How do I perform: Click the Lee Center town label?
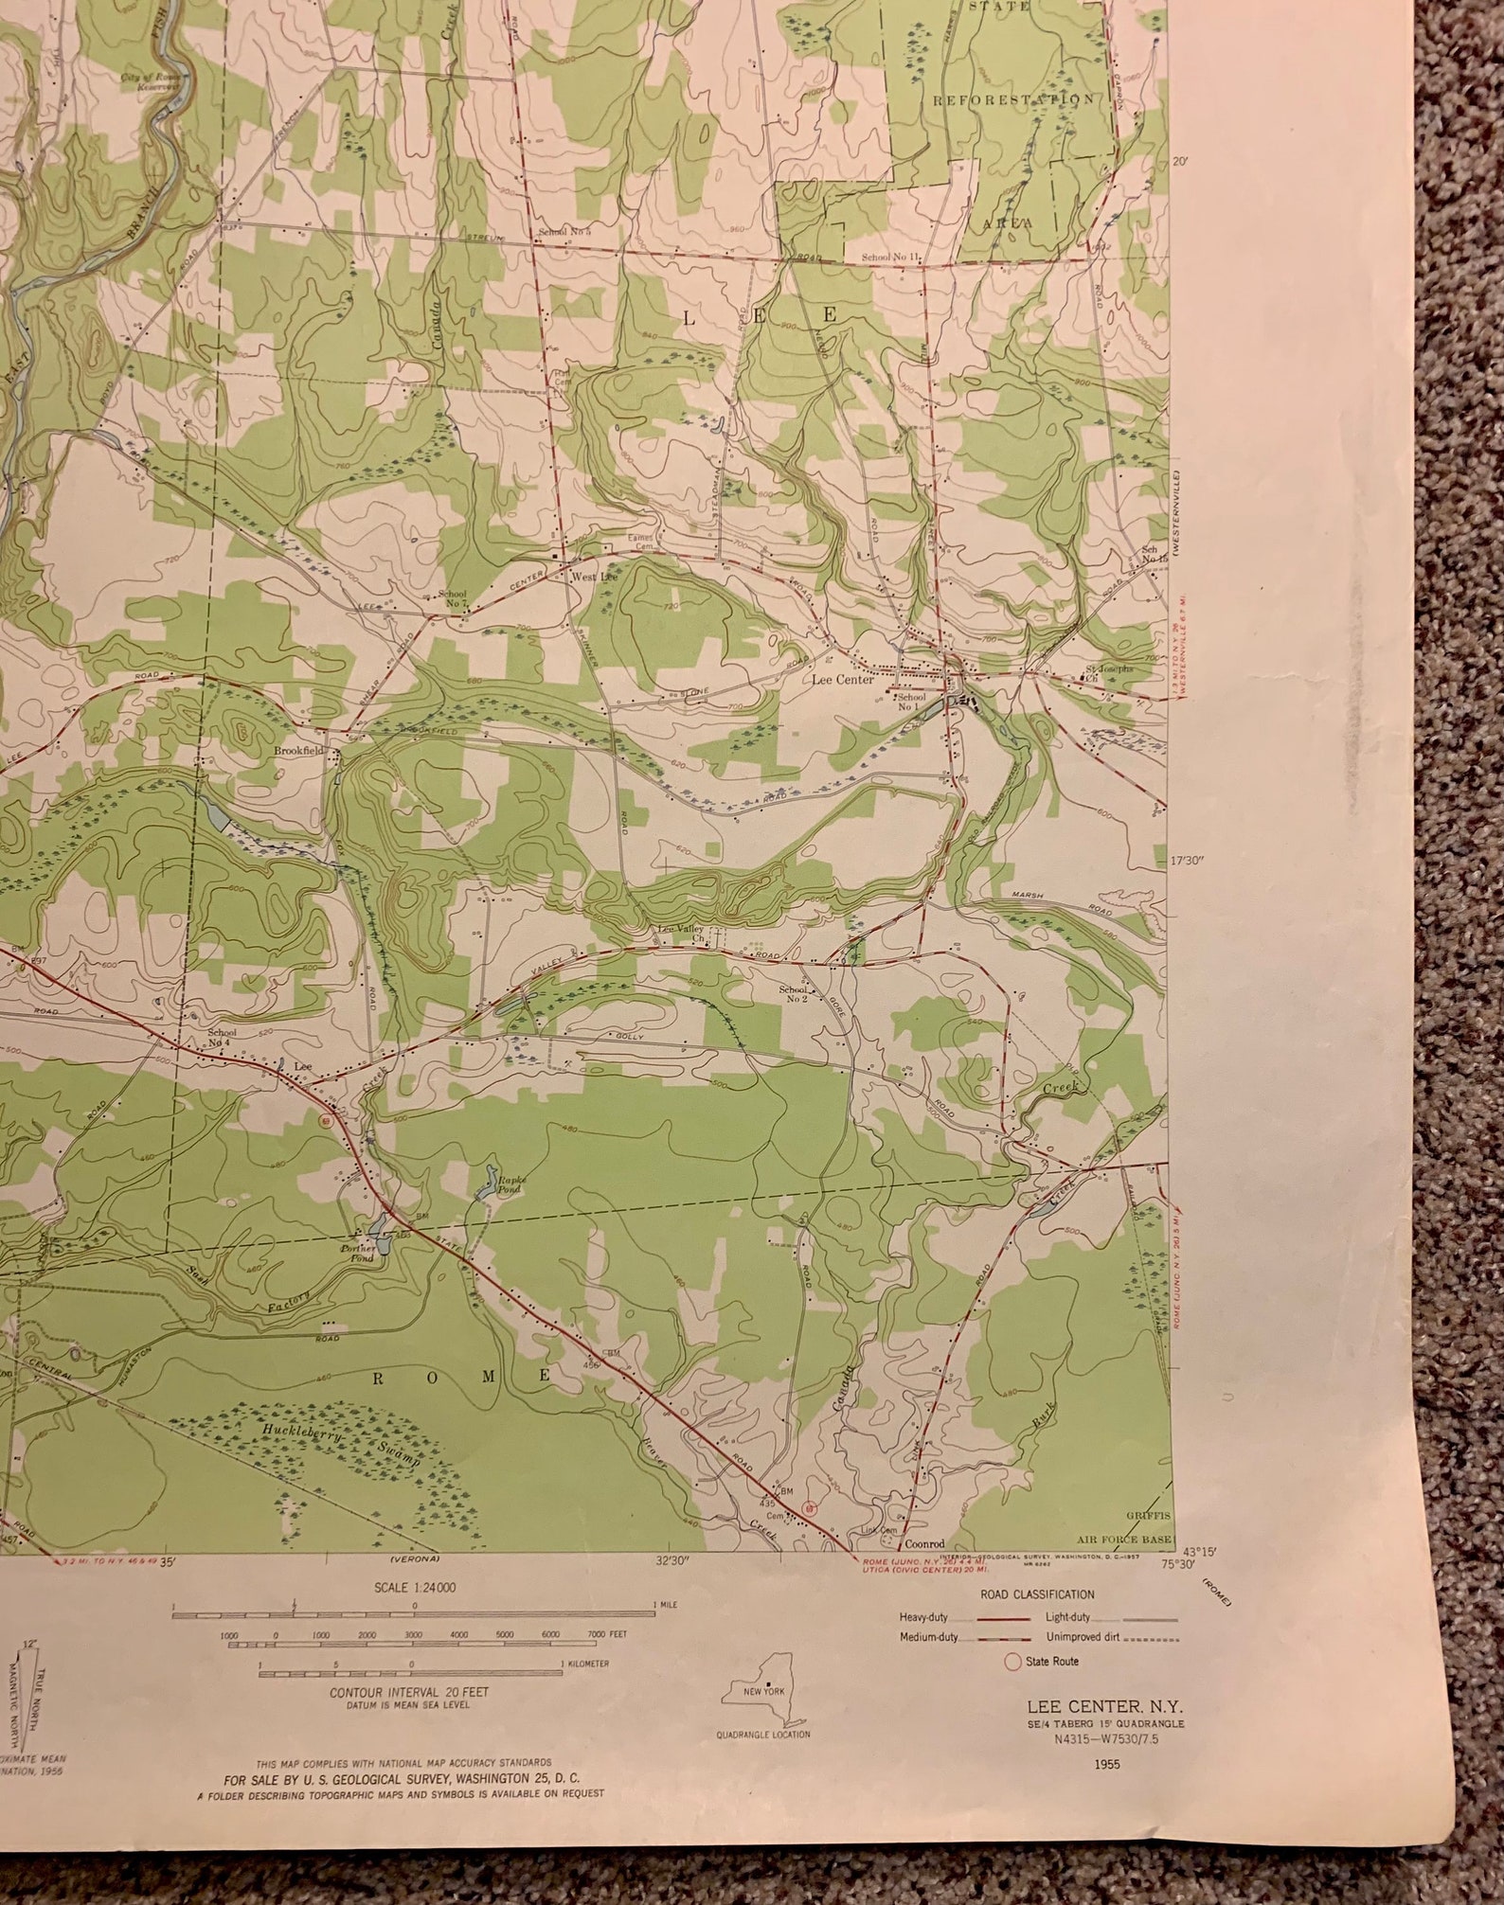[842, 679]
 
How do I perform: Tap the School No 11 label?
[891, 258]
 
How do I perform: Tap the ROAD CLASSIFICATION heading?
[1037, 1594]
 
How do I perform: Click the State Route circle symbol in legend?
[1013, 1661]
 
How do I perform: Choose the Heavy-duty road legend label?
[922, 1616]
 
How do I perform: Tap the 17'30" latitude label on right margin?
[1186, 861]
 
